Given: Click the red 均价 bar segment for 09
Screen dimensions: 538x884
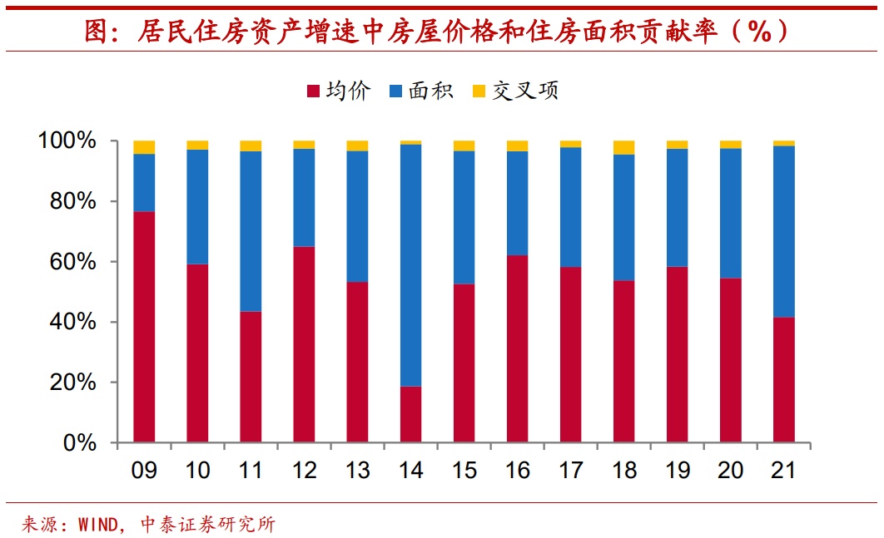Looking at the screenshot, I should [x=144, y=327].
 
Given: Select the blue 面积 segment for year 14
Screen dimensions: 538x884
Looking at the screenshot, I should [x=410, y=265].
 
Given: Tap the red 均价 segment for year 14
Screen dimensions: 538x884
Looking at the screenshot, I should [x=410, y=414].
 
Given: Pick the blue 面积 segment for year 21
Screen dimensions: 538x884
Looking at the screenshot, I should [x=783, y=231].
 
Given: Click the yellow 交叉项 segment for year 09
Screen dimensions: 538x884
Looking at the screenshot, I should [x=144, y=147].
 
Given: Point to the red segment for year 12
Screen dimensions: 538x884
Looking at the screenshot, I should [x=304, y=344].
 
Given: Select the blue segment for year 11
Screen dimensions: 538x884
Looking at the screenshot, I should [x=251, y=231].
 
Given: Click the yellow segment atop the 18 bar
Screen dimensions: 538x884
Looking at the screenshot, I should [x=623, y=148].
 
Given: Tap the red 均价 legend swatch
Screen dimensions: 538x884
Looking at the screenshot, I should [x=314, y=91].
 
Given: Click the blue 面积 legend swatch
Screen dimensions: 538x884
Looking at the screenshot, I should [x=396, y=91].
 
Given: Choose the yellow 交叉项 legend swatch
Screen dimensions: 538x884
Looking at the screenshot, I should [x=479, y=91].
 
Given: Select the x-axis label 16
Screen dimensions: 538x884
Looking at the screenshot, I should [x=517, y=471].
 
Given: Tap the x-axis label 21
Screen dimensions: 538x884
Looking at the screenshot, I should [x=783, y=471].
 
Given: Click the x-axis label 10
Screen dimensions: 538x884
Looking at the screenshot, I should [x=197, y=471].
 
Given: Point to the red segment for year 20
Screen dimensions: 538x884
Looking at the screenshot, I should [x=730, y=360].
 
